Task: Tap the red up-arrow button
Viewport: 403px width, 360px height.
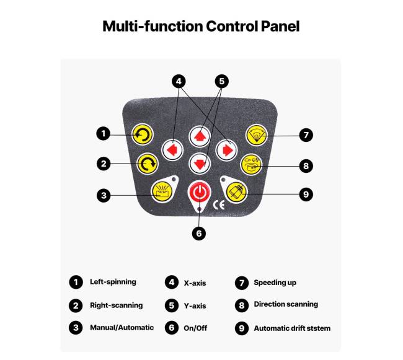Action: point(200,134)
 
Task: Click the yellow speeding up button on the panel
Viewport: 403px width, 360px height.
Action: point(256,134)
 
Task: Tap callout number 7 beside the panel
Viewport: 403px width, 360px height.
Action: point(304,134)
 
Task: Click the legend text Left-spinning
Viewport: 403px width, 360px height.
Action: point(113,282)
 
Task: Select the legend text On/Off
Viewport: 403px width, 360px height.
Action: point(195,328)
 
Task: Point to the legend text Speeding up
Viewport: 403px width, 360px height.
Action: point(275,283)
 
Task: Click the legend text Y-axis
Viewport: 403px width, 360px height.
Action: point(195,305)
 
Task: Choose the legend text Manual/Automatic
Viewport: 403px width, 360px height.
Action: point(122,327)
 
